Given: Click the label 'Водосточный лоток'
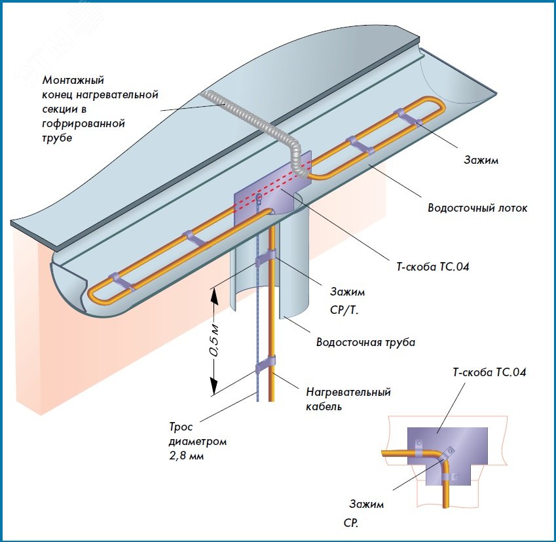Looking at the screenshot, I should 477,208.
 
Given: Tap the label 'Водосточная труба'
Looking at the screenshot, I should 365,342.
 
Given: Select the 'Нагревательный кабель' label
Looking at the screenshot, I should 348,399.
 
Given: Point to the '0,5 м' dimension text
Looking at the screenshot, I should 214,339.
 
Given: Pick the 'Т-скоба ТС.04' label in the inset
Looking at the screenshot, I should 489,373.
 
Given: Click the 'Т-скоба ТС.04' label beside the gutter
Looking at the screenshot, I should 428,267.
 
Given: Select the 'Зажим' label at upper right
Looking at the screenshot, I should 481,160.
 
